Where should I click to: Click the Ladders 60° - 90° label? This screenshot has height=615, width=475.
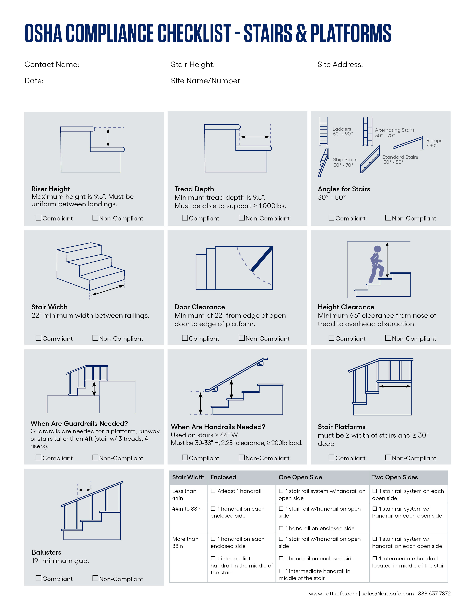point(342,131)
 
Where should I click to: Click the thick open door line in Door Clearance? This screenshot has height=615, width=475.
point(262,259)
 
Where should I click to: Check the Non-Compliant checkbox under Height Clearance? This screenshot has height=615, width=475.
point(388,338)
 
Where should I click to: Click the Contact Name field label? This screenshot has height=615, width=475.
point(52,64)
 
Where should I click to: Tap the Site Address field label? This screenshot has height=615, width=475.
point(340,64)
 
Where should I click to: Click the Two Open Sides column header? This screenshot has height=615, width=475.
point(395,477)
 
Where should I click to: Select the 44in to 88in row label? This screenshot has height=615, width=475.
point(187,509)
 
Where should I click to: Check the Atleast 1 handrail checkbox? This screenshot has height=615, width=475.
point(213,491)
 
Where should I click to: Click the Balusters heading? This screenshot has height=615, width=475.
point(46,552)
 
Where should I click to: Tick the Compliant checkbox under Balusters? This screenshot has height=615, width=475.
point(39,578)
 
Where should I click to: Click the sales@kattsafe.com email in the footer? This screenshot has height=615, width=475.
point(387,594)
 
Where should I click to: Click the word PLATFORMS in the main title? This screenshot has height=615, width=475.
point(351,33)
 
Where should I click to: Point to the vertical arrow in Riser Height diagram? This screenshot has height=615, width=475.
point(108,137)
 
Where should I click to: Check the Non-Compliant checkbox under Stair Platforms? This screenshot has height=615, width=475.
point(388,457)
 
